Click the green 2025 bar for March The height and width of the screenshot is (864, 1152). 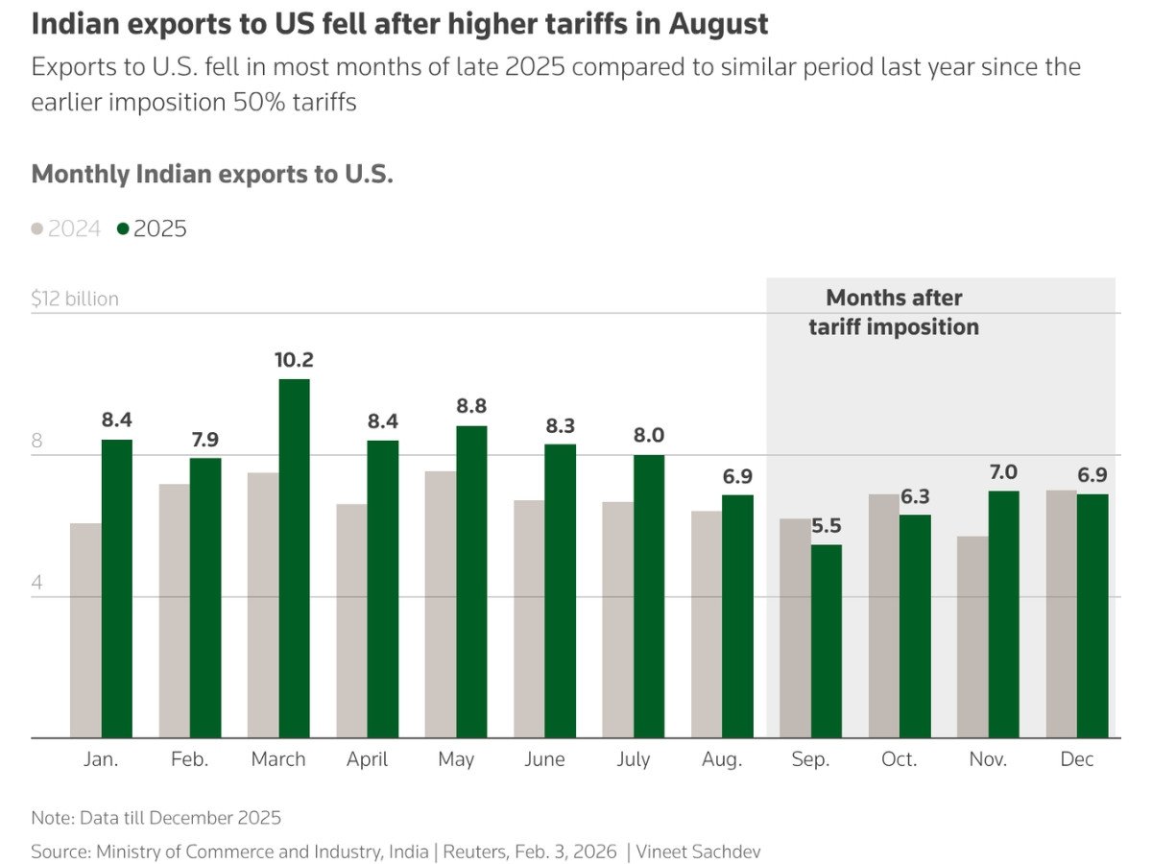[294, 559]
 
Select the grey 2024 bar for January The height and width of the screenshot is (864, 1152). [85, 631]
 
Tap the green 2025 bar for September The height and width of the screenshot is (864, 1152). [827, 641]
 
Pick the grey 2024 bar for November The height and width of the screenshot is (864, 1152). [972, 637]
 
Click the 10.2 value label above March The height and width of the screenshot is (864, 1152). [294, 360]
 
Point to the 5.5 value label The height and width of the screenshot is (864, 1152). [827, 526]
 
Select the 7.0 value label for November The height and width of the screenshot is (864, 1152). [1003, 472]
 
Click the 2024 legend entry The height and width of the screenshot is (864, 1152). [66, 228]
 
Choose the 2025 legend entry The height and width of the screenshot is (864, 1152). [152, 228]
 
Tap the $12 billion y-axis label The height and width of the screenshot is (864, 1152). [75, 299]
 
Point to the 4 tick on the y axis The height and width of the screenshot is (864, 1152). [37, 584]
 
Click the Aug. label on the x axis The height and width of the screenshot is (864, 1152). [722, 759]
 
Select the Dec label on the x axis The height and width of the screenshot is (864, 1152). [1077, 759]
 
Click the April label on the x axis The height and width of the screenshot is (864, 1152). [367, 759]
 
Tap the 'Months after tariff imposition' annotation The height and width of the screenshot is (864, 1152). [894, 312]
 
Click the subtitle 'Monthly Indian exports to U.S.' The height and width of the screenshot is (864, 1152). [212, 175]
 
